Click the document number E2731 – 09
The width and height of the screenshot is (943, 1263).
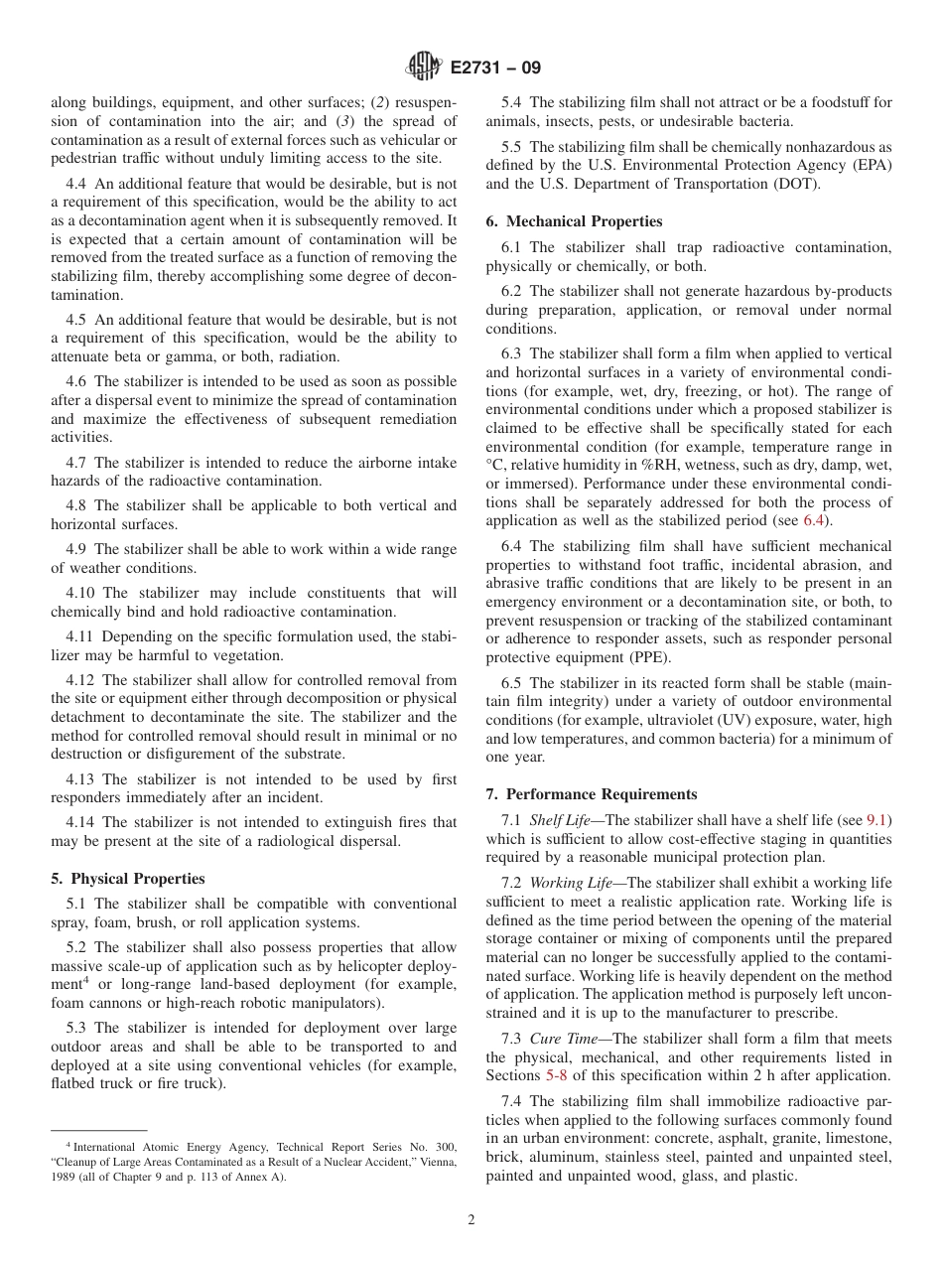pos(492,69)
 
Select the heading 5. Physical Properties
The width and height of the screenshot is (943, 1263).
pos(128,879)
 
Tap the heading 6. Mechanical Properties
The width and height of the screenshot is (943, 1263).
pos(574,221)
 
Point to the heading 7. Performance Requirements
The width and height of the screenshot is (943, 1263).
pos(592,794)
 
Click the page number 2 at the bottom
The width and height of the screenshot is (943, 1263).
pos(471,1220)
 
